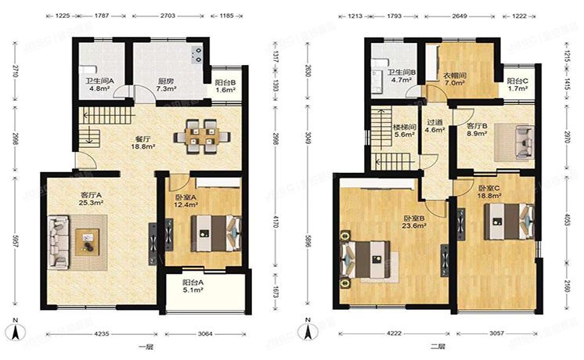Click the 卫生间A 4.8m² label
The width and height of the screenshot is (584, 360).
point(99,85)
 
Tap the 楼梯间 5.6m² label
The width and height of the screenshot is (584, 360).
point(403,129)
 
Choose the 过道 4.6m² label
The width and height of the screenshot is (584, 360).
point(434,126)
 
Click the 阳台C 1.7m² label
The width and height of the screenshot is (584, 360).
point(516,85)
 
